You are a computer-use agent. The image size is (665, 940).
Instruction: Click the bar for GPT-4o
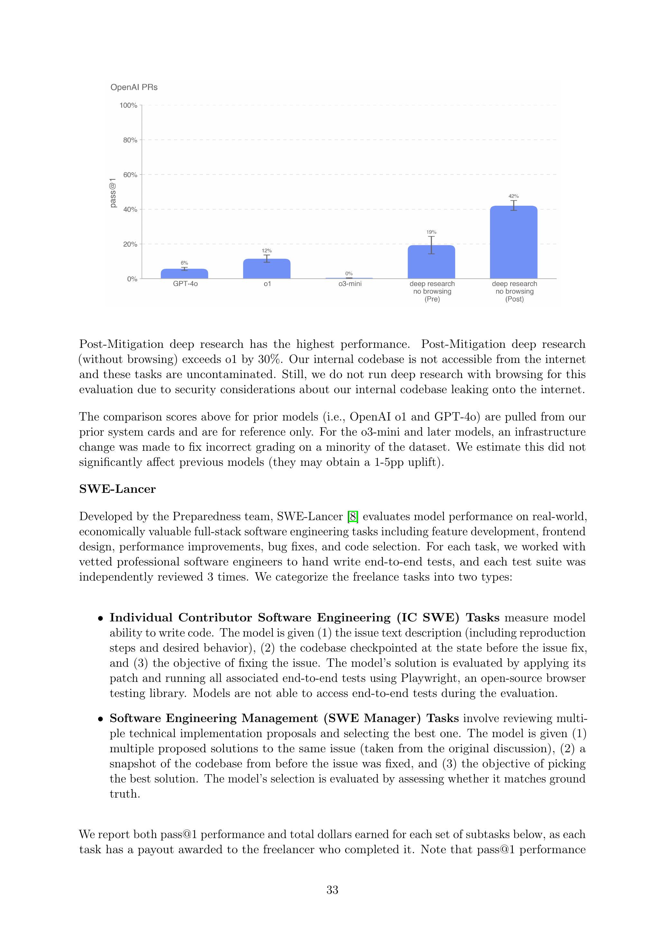click(x=184, y=274)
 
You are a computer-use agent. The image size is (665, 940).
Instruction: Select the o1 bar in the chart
click(x=267, y=269)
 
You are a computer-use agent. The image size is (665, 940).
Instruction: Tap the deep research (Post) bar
click(x=513, y=242)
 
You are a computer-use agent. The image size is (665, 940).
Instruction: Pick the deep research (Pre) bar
click(x=431, y=262)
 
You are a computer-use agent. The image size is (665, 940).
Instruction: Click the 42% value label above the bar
click(x=513, y=196)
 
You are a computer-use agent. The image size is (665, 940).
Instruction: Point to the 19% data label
click(x=431, y=232)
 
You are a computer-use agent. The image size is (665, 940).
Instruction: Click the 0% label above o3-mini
click(x=349, y=274)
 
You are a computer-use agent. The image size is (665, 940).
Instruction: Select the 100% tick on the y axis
click(x=128, y=106)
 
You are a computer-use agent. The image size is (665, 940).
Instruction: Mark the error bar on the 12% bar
click(x=267, y=259)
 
